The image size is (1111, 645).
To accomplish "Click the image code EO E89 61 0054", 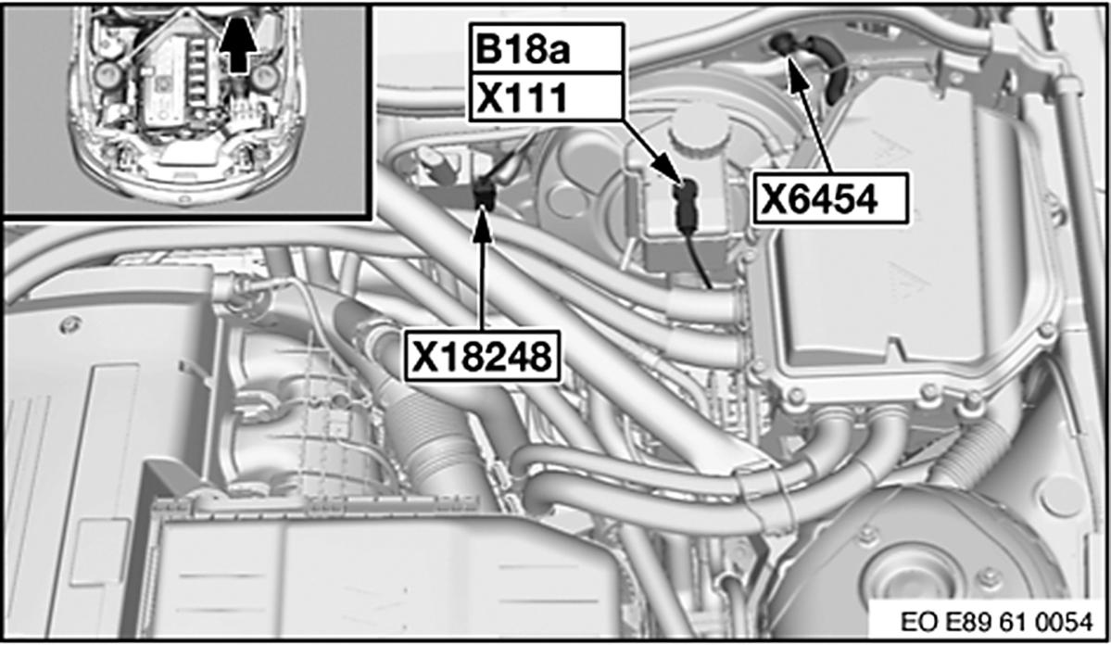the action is [x=996, y=622].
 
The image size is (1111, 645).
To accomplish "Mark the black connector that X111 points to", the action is [x=686, y=202].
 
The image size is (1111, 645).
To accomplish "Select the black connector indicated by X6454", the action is [x=782, y=44].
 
